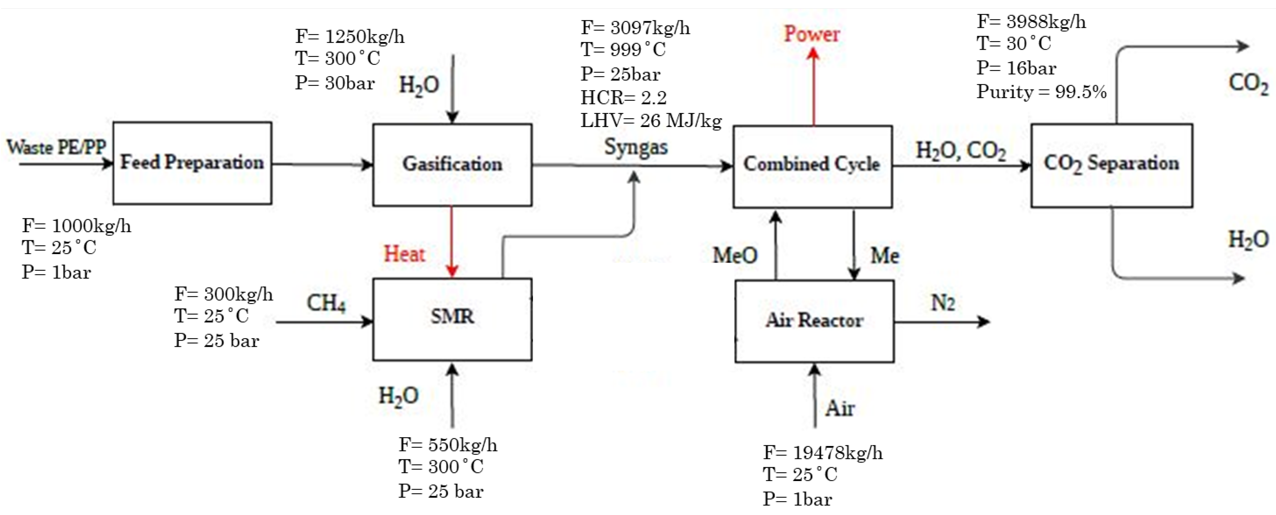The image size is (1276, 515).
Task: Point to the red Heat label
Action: pyautogui.click(x=404, y=254)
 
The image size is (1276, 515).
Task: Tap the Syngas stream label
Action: pyautogui.click(x=636, y=147)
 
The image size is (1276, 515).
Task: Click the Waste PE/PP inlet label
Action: pyautogui.click(x=56, y=147)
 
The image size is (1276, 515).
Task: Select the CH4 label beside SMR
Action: pyautogui.click(x=325, y=303)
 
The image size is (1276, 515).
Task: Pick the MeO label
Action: pyautogui.click(x=735, y=255)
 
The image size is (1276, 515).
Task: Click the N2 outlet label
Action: pyautogui.click(x=943, y=303)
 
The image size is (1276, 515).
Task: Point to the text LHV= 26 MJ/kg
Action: pyautogui.click(x=651, y=120)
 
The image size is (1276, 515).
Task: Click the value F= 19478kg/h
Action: pyautogui.click(x=822, y=453)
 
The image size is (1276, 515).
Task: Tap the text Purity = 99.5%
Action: pyautogui.click(x=1041, y=92)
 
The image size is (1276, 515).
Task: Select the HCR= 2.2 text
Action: pyautogui.click(x=623, y=97)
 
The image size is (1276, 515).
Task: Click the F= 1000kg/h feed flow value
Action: pyautogui.click(x=76, y=226)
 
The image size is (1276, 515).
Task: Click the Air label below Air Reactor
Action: pyautogui.click(x=840, y=408)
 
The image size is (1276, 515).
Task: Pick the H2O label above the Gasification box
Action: pyautogui.click(x=418, y=85)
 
